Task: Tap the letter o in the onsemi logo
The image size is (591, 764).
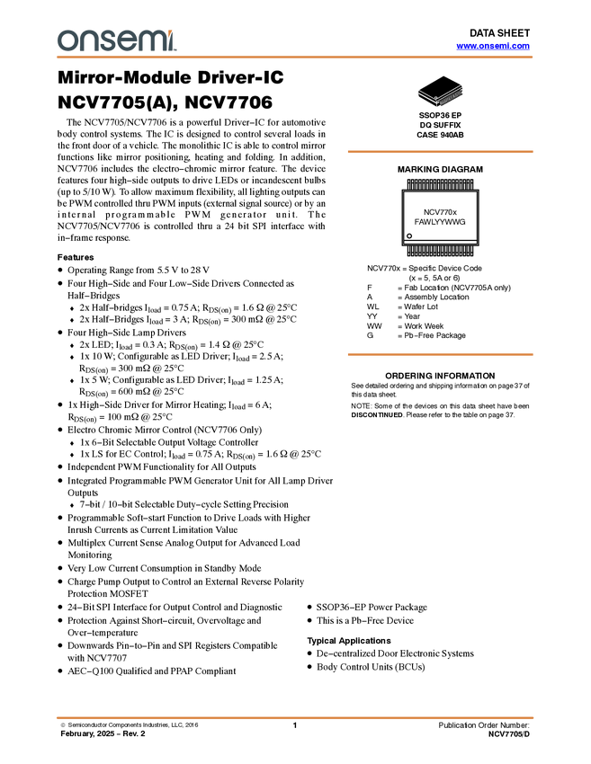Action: [66, 41]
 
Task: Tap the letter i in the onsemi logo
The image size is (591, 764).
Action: [174, 43]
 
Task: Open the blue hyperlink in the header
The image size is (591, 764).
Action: [493, 46]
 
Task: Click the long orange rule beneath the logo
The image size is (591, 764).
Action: [295, 58]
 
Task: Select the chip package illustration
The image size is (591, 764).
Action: [441, 95]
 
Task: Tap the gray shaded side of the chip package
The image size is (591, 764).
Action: [451, 96]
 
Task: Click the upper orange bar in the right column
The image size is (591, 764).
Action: [440, 152]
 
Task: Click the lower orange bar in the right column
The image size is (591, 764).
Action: [440, 354]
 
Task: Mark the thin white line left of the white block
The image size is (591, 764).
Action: [367, 279]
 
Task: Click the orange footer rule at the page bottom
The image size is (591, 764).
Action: [295, 718]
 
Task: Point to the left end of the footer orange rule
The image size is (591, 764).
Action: [57, 718]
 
